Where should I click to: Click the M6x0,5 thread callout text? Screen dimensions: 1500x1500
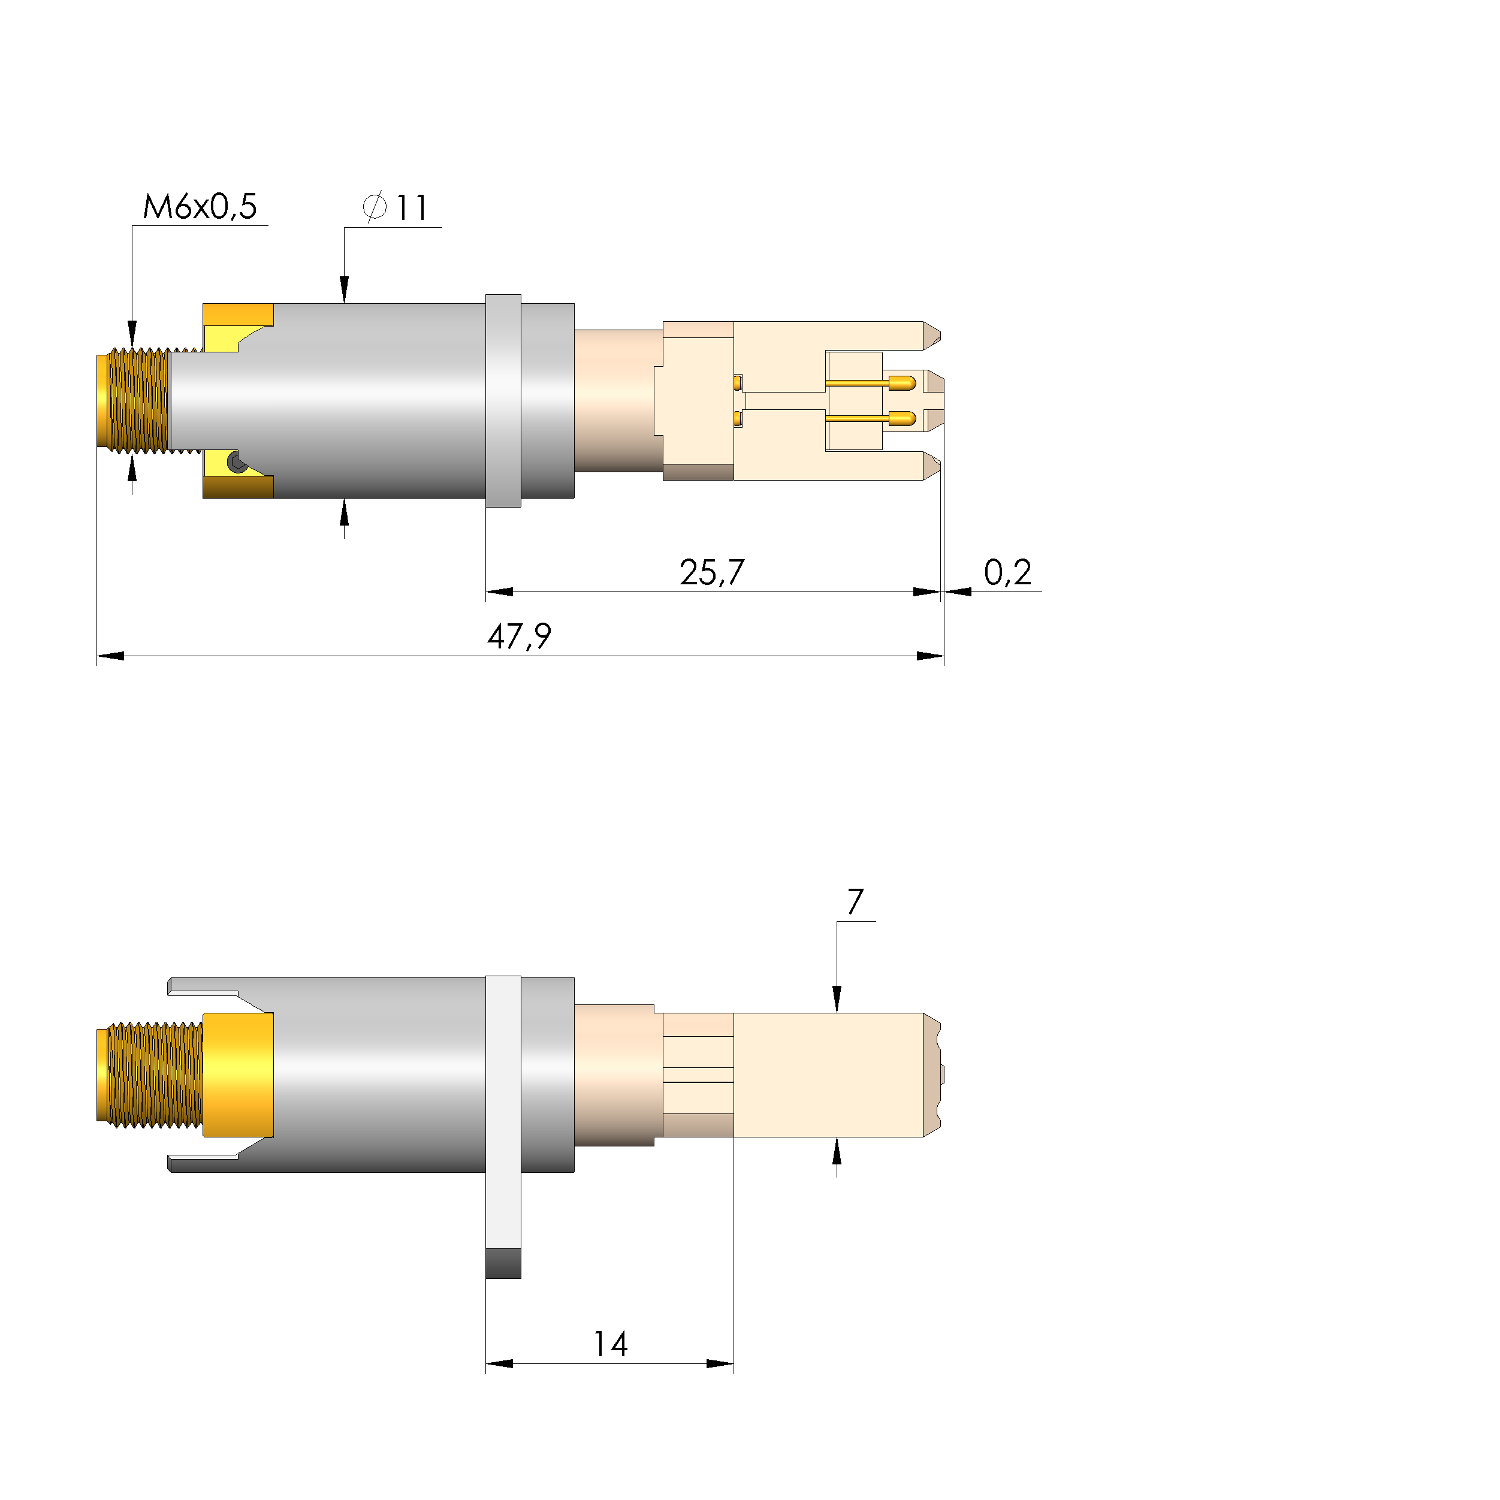tap(200, 207)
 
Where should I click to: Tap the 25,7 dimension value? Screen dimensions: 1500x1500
tap(711, 573)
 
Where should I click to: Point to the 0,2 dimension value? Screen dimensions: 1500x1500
tap(1007, 573)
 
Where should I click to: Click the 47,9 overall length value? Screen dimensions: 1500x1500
tap(518, 636)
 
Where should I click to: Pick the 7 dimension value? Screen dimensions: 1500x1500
tap(855, 902)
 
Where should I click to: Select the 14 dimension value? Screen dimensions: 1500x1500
tap(610, 1345)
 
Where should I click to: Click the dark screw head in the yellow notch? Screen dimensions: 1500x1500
tap(237, 463)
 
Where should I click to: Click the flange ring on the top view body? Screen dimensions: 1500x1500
tap(503, 401)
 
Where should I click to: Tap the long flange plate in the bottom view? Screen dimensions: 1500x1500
tap(503, 1110)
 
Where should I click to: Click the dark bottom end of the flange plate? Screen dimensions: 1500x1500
tap(503, 1263)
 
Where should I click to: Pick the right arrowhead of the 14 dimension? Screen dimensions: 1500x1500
tap(720, 1364)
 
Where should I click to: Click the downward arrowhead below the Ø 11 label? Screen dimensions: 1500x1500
tap(345, 289)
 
